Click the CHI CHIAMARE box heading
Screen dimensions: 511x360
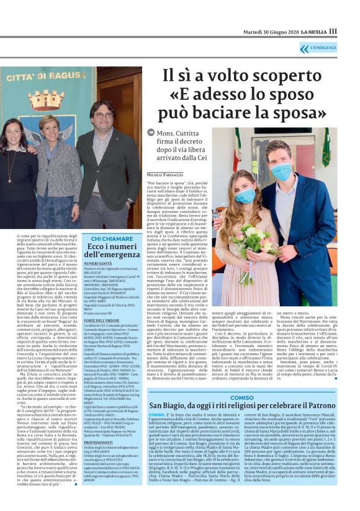[x=112, y=238]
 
